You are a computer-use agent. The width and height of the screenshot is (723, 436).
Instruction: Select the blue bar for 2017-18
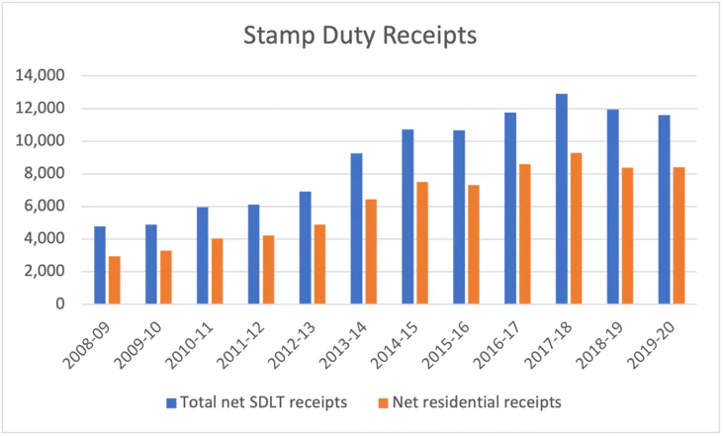coord(561,199)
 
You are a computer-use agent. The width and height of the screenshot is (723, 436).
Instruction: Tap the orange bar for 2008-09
coord(115,280)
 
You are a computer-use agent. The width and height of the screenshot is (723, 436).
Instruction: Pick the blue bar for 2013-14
coord(356,228)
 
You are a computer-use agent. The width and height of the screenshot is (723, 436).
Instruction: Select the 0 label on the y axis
coord(60,305)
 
